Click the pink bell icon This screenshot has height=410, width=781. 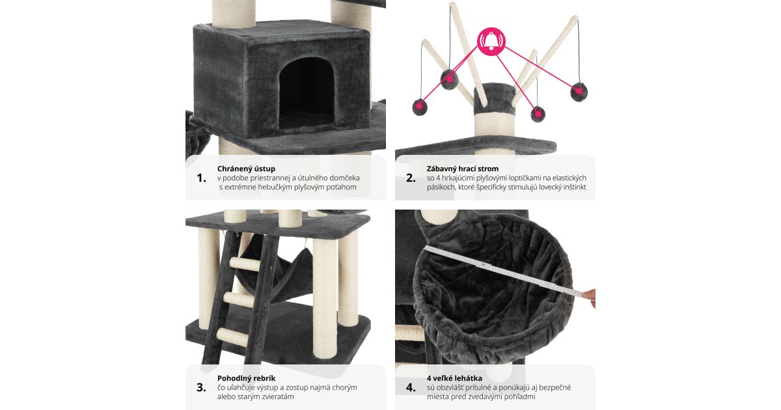pyautogui.click(x=491, y=42)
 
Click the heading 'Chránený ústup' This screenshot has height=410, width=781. pyautogui.click(x=246, y=169)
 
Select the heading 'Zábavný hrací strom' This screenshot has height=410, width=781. pyautogui.click(x=462, y=169)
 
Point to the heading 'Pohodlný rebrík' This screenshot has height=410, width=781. pyautogui.click(x=246, y=378)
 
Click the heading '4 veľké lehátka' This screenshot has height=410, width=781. pyautogui.click(x=454, y=378)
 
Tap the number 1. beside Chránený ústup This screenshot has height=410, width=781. pyautogui.click(x=202, y=178)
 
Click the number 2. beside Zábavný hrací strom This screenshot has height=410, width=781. pyautogui.click(x=411, y=178)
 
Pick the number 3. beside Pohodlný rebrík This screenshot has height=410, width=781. pyautogui.click(x=201, y=388)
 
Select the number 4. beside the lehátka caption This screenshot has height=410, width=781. pyautogui.click(x=411, y=388)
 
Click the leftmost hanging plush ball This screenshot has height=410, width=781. pyautogui.click(x=420, y=107)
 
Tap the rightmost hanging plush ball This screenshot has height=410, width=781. pyautogui.click(x=579, y=92)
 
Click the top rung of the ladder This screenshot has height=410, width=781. pyautogui.click(x=245, y=264)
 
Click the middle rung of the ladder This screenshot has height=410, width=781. pyautogui.click(x=240, y=299)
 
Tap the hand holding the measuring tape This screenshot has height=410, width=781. pyautogui.click(x=590, y=297)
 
